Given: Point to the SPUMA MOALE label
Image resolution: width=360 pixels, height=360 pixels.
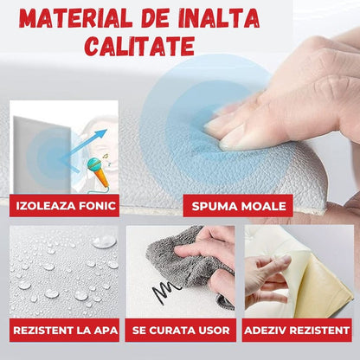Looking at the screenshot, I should pyautogui.click(x=235, y=206).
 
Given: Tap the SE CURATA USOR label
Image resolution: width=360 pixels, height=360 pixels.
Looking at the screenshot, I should pyautogui.click(x=180, y=330).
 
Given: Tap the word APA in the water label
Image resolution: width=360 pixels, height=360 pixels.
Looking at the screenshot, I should pyautogui.click(x=101, y=330).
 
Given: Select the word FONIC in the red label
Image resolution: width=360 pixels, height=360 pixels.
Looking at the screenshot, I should pyautogui.click(x=94, y=206).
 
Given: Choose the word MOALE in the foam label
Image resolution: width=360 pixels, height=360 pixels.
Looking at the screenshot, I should pyautogui.click(x=257, y=206).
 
